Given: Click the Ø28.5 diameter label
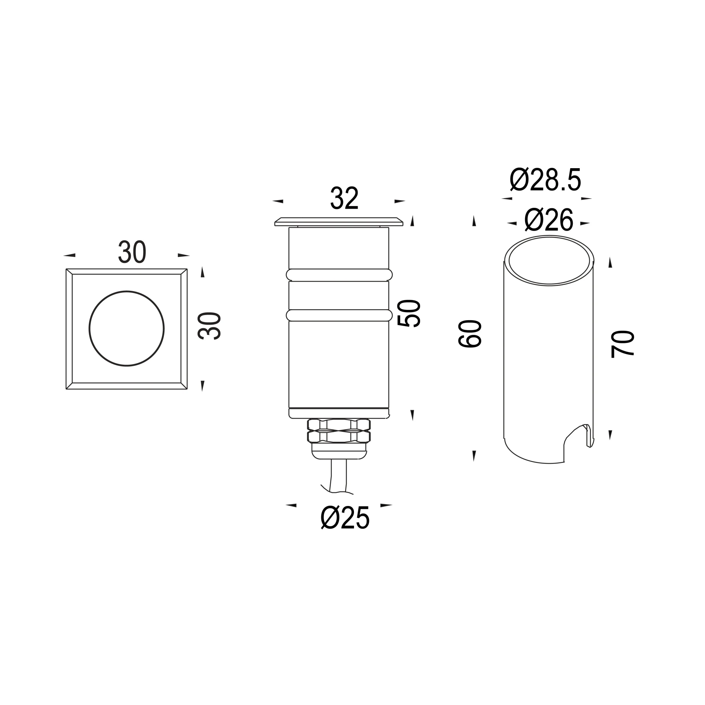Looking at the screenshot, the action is point(546,180).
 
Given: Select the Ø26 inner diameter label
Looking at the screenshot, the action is point(549,220).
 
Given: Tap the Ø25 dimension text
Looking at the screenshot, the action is point(345,518).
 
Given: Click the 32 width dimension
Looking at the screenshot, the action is point(344,198).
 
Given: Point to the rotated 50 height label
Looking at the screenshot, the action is point(409,313).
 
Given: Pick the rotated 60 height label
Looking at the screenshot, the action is point(470,333).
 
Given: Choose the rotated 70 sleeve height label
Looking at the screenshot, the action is point(622,344).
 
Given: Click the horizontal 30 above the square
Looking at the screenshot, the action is point(132,252).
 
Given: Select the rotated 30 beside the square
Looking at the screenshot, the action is point(209,326).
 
